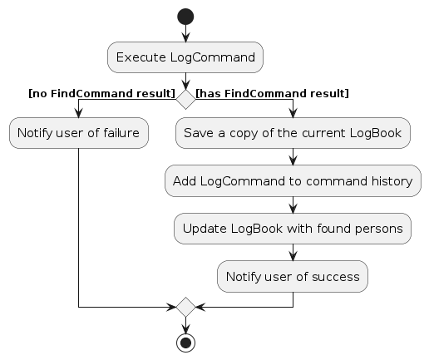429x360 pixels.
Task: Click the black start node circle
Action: [x=185, y=17]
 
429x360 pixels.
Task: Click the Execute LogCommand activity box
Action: [x=185, y=57]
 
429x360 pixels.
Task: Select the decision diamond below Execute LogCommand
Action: [x=185, y=99]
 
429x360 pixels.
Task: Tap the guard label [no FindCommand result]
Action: [x=102, y=94]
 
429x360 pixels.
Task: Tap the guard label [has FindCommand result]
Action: [x=272, y=94]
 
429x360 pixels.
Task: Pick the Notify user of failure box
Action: [x=79, y=133]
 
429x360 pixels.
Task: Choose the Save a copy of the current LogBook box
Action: [x=293, y=133]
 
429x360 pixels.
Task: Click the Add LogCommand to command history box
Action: [x=293, y=181]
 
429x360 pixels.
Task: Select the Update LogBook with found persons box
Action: [x=293, y=229]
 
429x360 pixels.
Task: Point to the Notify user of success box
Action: [x=293, y=276]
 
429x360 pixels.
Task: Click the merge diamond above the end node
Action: [x=185, y=307]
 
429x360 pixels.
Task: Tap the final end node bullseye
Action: [x=185, y=343]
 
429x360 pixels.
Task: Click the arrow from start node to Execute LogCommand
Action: [x=185, y=33]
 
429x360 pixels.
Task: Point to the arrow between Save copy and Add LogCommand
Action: [x=293, y=157]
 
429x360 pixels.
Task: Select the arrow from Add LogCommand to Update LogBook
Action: [x=293, y=205]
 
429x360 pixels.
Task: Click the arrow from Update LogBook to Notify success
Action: [x=293, y=253]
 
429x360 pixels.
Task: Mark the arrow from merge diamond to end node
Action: [x=185, y=325]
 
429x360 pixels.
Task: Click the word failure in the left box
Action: [x=121, y=133]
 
